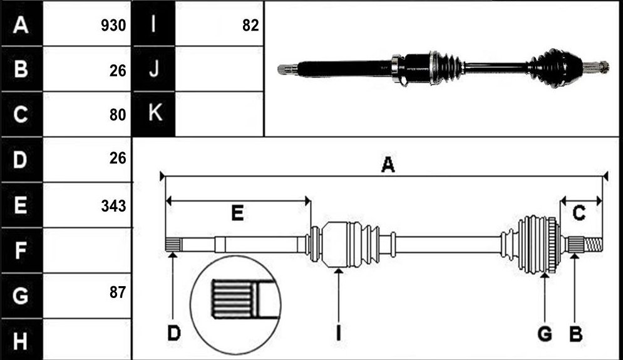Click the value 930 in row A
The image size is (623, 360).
(x=113, y=26)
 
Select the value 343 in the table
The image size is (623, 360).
(x=113, y=206)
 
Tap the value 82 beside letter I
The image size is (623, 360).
(x=250, y=26)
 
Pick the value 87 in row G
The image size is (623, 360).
(x=118, y=292)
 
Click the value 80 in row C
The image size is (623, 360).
(x=118, y=115)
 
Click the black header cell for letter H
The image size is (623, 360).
(x=21, y=340)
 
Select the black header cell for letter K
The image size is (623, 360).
(x=154, y=114)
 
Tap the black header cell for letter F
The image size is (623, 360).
(x=21, y=250)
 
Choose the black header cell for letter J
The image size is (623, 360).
(x=154, y=69)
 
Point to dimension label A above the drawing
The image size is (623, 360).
(x=388, y=165)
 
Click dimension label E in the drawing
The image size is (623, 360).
(x=237, y=213)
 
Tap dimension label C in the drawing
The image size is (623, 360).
(x=579, y=213)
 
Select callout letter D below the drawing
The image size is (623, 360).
(x=174, y=333)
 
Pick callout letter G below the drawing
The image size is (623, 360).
(x=545, y=334)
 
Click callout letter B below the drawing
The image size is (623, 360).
(x=575, y=334)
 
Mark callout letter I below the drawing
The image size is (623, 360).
(x=339, y=333)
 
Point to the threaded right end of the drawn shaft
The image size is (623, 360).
(x=593, y=244)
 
